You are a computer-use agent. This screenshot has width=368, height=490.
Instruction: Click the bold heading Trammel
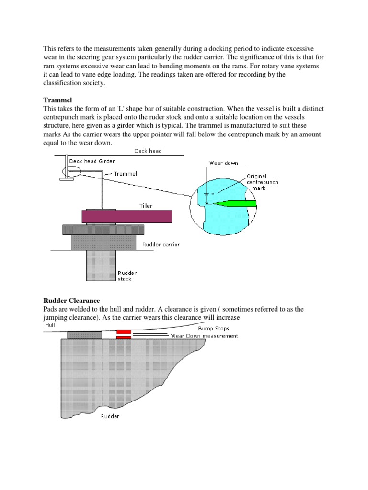[57, 100]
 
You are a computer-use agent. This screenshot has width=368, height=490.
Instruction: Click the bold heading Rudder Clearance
[71, 301]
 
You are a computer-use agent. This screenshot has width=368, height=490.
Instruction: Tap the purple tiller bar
[126, 216]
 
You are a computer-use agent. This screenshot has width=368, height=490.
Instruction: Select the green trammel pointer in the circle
[234, 204]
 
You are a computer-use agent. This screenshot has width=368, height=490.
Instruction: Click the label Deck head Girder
[92, 161]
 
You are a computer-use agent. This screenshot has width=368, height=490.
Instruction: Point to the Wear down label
[223, 163]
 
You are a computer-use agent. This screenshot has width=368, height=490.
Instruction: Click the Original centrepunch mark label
[262, 182]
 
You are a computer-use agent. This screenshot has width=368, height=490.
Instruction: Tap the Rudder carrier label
[161, 245]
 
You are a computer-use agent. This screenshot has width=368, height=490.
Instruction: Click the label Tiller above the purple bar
[146, 206]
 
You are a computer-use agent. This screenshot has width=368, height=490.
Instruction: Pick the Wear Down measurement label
[205, 336]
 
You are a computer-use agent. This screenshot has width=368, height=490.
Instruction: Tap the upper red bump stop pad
[124, 331]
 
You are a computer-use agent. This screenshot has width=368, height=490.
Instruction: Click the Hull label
[50, 325]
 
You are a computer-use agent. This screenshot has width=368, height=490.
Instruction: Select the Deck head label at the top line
[148, 151]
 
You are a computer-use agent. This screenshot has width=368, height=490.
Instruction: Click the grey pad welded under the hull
[84, 334]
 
